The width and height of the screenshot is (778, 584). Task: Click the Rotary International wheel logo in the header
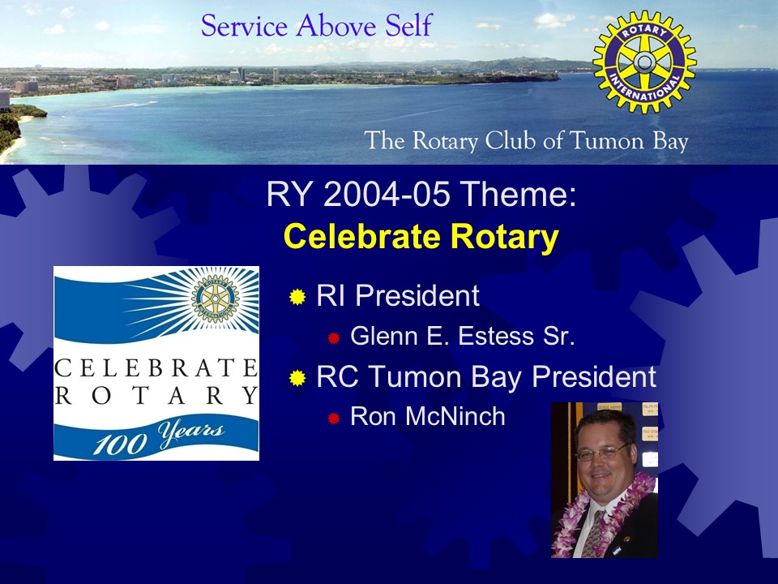coord(644,62)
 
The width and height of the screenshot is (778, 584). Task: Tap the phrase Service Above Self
coord(317,26)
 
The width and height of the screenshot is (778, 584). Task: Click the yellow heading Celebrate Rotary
coord(421,236)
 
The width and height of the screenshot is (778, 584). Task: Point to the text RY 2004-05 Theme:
coord(421,194)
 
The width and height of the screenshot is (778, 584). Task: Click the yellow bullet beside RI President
coord(297,297)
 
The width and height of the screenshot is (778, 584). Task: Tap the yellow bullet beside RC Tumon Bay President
coord(297,378)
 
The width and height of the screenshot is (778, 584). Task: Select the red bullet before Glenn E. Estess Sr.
coord(333,338)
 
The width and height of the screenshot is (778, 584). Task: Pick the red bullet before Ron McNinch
coord(333,419)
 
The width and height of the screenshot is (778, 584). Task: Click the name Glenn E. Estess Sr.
coord(463,336)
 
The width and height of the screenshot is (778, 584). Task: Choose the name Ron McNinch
coord(428,416)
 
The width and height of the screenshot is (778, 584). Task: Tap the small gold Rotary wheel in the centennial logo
coord(216,298)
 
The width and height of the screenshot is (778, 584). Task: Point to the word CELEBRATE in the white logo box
coord(156,368)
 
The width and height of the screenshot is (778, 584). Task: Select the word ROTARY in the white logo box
coord(156,396)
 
